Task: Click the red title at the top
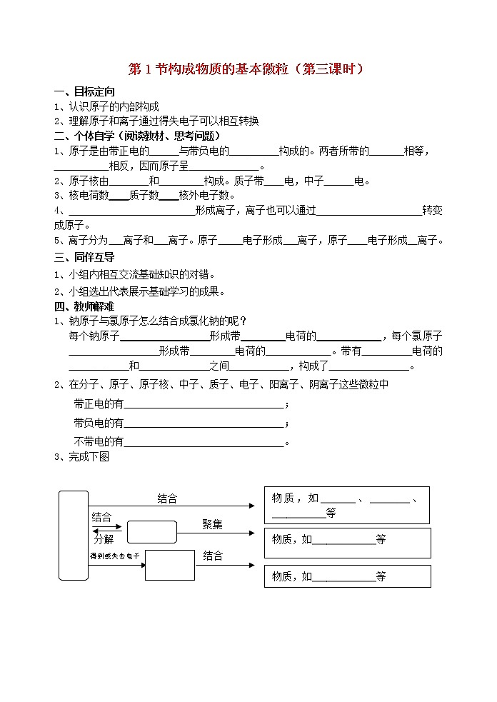pyautogui.click(x=246, y=69)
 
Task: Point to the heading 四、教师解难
pyautogui.click(x=84, y=306)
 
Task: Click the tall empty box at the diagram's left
pyautogui.click(x=74, y=536)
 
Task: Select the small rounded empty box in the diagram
pyautogui.click(x=151, y=532)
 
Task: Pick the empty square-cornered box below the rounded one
pyautogui.click(x=170, y=565)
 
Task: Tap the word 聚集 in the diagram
pyautogui.click(x=212, y=524)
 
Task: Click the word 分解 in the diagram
pyautogui.click(x=104, y=539)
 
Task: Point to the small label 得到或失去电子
pyautogui.click(x=114, y=556)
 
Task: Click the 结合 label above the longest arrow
pyautogui.click(x=167, y=499)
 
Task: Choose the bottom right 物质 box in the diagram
pyautogui.click(x=347, y=576)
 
